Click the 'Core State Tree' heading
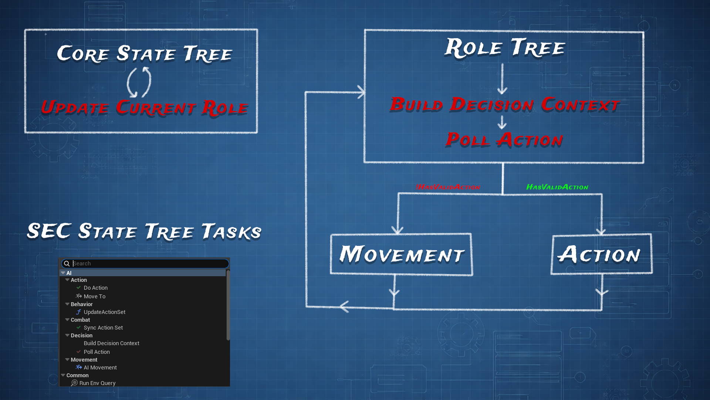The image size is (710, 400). [144, 54]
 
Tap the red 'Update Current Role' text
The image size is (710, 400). [144, 108]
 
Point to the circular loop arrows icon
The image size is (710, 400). [139, 82]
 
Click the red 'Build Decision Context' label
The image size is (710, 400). [504, 104]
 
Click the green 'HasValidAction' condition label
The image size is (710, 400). [557, 187]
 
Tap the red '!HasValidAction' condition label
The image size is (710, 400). [448, 187]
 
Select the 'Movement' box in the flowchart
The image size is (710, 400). [401, 254]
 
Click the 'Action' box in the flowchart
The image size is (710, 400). [601, 254]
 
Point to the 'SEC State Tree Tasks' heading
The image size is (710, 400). [144, 231]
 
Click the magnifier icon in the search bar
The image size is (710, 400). [67, 264]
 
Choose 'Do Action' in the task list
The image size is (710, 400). [95, 288]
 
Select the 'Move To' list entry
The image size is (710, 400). [94, 296]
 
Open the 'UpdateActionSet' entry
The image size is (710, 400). [104, 312]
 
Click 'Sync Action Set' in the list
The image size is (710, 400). [103, 328]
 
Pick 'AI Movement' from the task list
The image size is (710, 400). [100, 367]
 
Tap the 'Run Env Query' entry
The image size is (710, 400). [97, 383]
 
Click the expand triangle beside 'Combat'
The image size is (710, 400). [67, 320]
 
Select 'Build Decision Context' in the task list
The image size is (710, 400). [111, 343]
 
